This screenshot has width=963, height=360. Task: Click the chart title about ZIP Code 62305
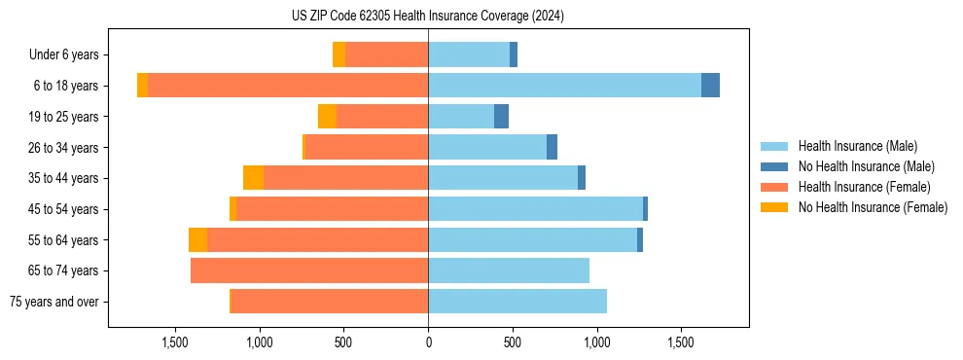[428, 17]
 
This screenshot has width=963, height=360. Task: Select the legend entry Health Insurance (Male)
[857, 146]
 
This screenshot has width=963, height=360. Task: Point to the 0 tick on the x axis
[428, 342]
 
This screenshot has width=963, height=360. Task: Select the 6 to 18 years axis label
[66, 86]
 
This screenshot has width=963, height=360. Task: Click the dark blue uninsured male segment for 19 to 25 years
[501, 117]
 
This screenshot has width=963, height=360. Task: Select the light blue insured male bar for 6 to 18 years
[564, 86]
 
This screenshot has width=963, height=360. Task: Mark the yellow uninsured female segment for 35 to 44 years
[253, 178]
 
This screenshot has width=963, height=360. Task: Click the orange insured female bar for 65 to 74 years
[309, 270]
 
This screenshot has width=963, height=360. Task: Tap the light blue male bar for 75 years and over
[517, 302]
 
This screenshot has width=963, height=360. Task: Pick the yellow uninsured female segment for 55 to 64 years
[197, 240]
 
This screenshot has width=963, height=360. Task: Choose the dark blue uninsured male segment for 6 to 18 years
[710, 86]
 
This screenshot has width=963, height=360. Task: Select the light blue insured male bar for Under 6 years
[469, 55]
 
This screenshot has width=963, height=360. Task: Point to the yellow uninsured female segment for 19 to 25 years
[327, 117]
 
